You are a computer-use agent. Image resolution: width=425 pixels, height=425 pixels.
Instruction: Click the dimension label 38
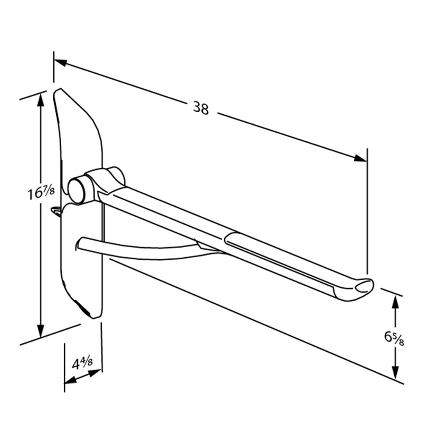pyautogui.click(x=201, y=108)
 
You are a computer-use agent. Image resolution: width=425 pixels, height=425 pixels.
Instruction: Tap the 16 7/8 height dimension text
pyautogui.click(x=41, y=193)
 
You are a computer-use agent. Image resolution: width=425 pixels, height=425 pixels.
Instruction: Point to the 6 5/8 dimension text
pyautogui.click(x=394, y=338)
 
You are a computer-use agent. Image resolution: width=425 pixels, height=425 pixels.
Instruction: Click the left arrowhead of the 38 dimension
pyautogui.click(x=60, y=62)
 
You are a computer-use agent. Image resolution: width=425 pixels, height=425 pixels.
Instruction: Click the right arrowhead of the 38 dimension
pyautogui.click(x=360, y=158)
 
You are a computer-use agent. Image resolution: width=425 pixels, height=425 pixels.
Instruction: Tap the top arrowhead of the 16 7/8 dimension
pyautogui.click(x=41, y=99)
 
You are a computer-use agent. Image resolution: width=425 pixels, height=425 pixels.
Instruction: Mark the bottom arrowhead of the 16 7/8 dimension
pyautogui.click(x=41, y=330)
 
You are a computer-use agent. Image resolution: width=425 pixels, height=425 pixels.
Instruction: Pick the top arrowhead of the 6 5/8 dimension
pyautogui.click(x=395, y=301)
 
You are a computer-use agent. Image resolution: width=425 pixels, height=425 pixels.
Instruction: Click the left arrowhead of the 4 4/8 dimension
pyautogui.click(x=71, y=380)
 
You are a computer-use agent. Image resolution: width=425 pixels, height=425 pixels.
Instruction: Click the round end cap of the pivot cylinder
pyautogui.click(x=76, y=190)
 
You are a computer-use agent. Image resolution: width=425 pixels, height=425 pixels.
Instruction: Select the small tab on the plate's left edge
pyautogui.click(x=56, y=210)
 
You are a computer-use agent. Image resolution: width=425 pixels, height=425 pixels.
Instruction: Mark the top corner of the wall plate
pyautogui.click(x=60, y=89)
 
